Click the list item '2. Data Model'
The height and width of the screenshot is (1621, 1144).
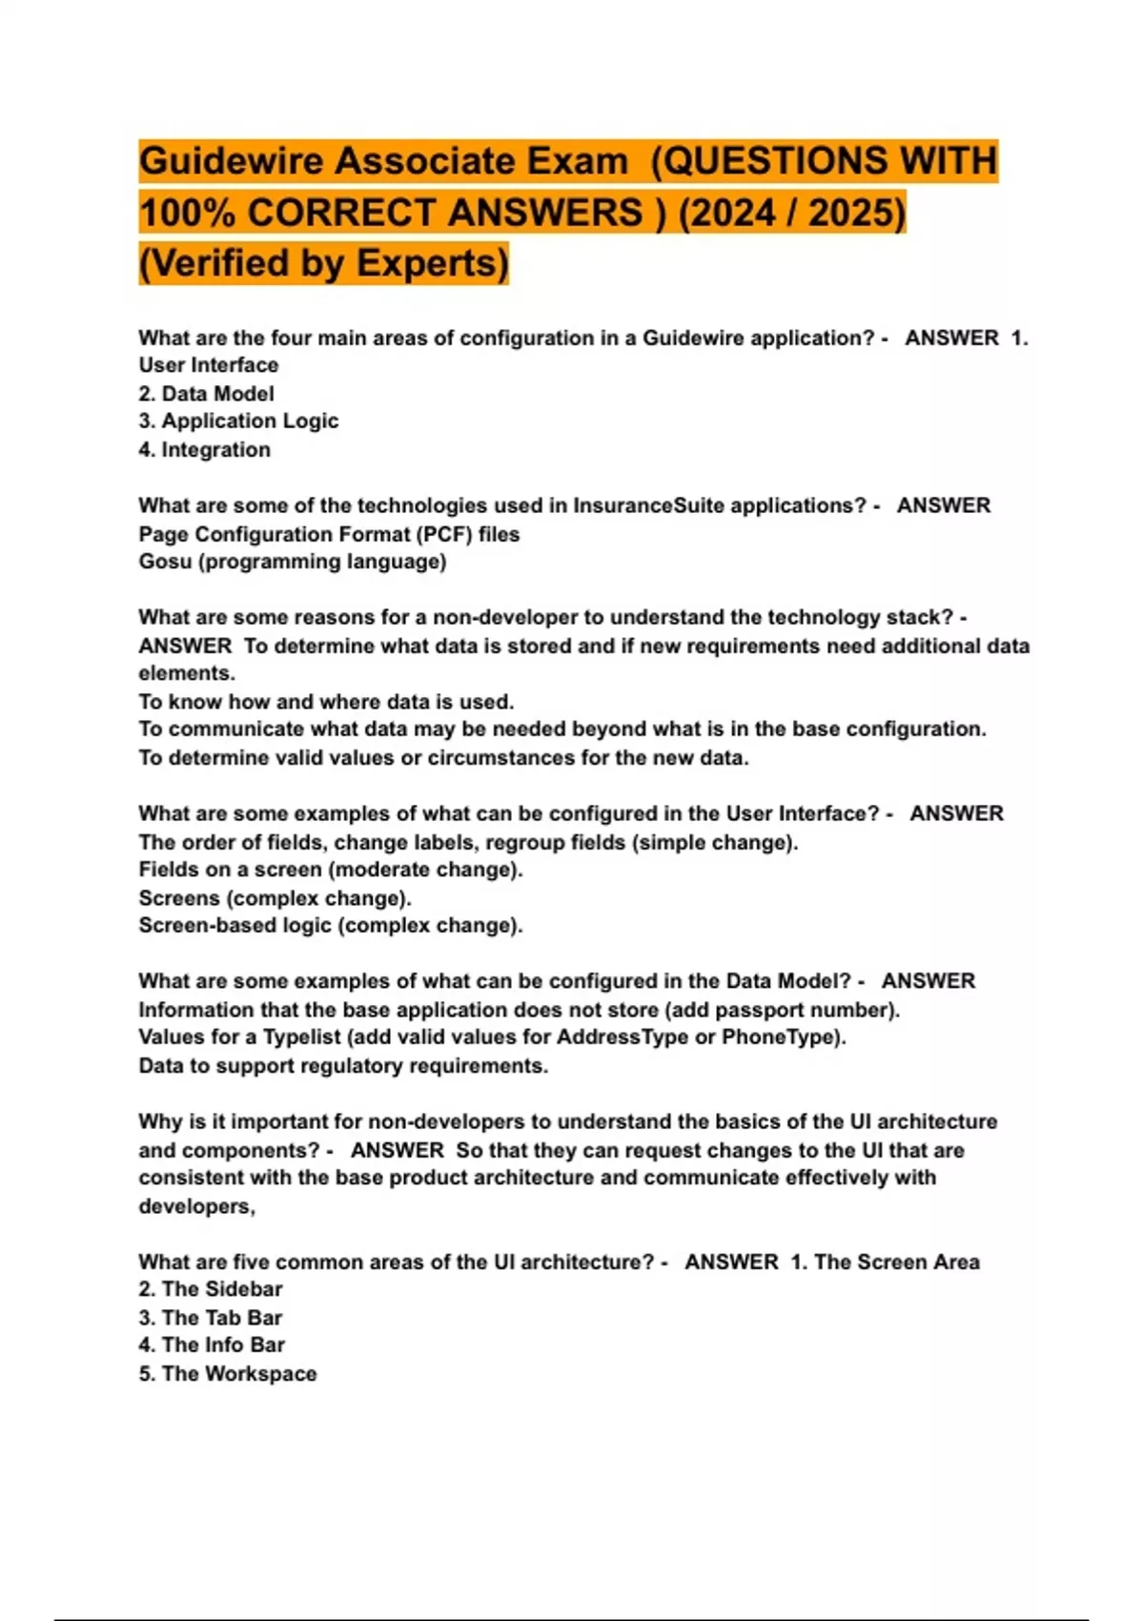tap(206, 394)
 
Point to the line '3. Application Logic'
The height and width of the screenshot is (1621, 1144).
tap(238, 421)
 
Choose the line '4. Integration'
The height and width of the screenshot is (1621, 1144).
tap(204, 449)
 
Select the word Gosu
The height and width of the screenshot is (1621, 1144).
tap(165, 561)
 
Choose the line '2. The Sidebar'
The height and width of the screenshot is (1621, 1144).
tap(211, 1289)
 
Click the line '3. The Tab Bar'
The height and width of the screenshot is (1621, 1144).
tap(211, 1318)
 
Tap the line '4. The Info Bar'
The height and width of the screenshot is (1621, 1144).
tap(212, 1344)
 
